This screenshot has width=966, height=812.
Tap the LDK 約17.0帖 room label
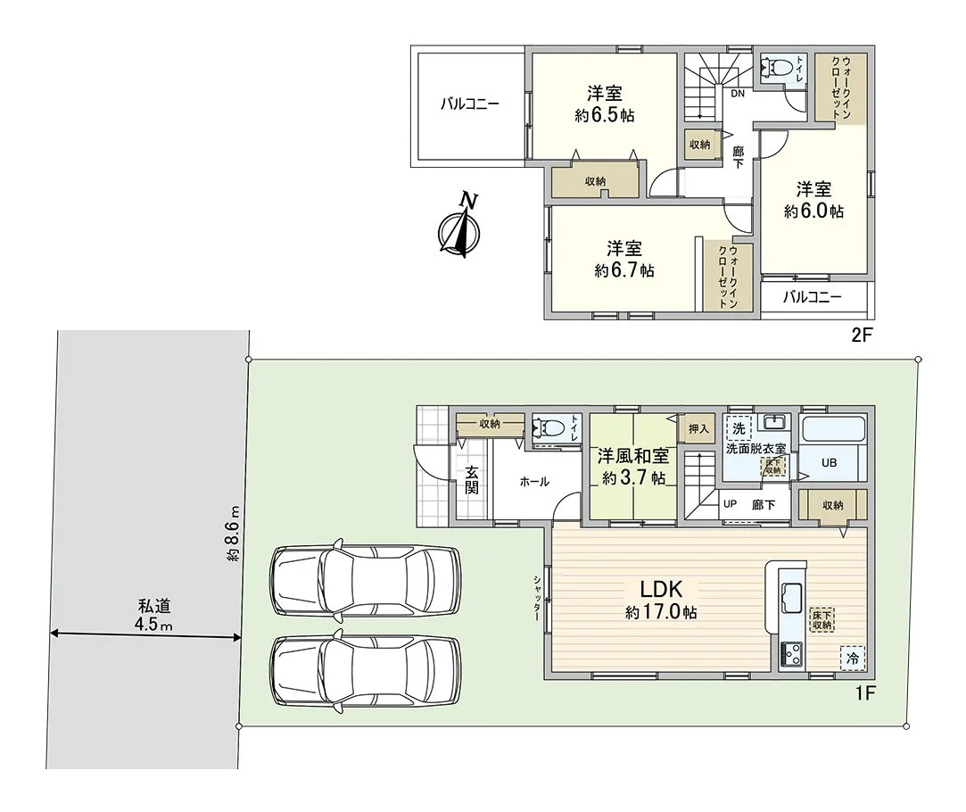[x=662, y=600]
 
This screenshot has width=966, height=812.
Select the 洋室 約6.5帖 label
[x=605, y=104]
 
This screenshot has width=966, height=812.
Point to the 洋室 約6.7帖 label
[x=624, y=260]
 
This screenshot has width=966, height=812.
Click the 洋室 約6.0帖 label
[x=813, y=200]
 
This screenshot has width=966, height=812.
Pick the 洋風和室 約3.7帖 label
[x=633, y=467]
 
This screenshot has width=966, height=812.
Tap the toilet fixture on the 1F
[x=548, y=427]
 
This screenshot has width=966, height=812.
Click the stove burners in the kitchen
[x=791, y=654]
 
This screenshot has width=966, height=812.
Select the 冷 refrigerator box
[x=853, y=658]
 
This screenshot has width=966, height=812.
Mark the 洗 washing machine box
[x=739, y=427]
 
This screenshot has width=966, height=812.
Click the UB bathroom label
[x=830, y=462]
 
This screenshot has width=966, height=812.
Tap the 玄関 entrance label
[x=471, y=480]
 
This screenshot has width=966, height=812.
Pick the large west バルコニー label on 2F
[x=469, y=104]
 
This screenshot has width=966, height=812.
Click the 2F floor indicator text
[x=863, y=335]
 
